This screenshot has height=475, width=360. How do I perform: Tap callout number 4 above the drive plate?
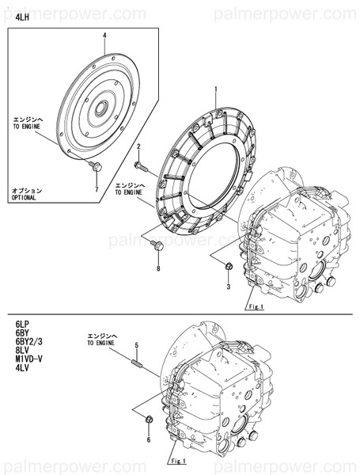104,36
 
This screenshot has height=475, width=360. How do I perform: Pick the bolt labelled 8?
156,247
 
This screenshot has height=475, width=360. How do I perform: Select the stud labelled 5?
136,363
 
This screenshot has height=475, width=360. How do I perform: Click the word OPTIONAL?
27,198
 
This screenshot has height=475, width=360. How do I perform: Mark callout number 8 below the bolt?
158,269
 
